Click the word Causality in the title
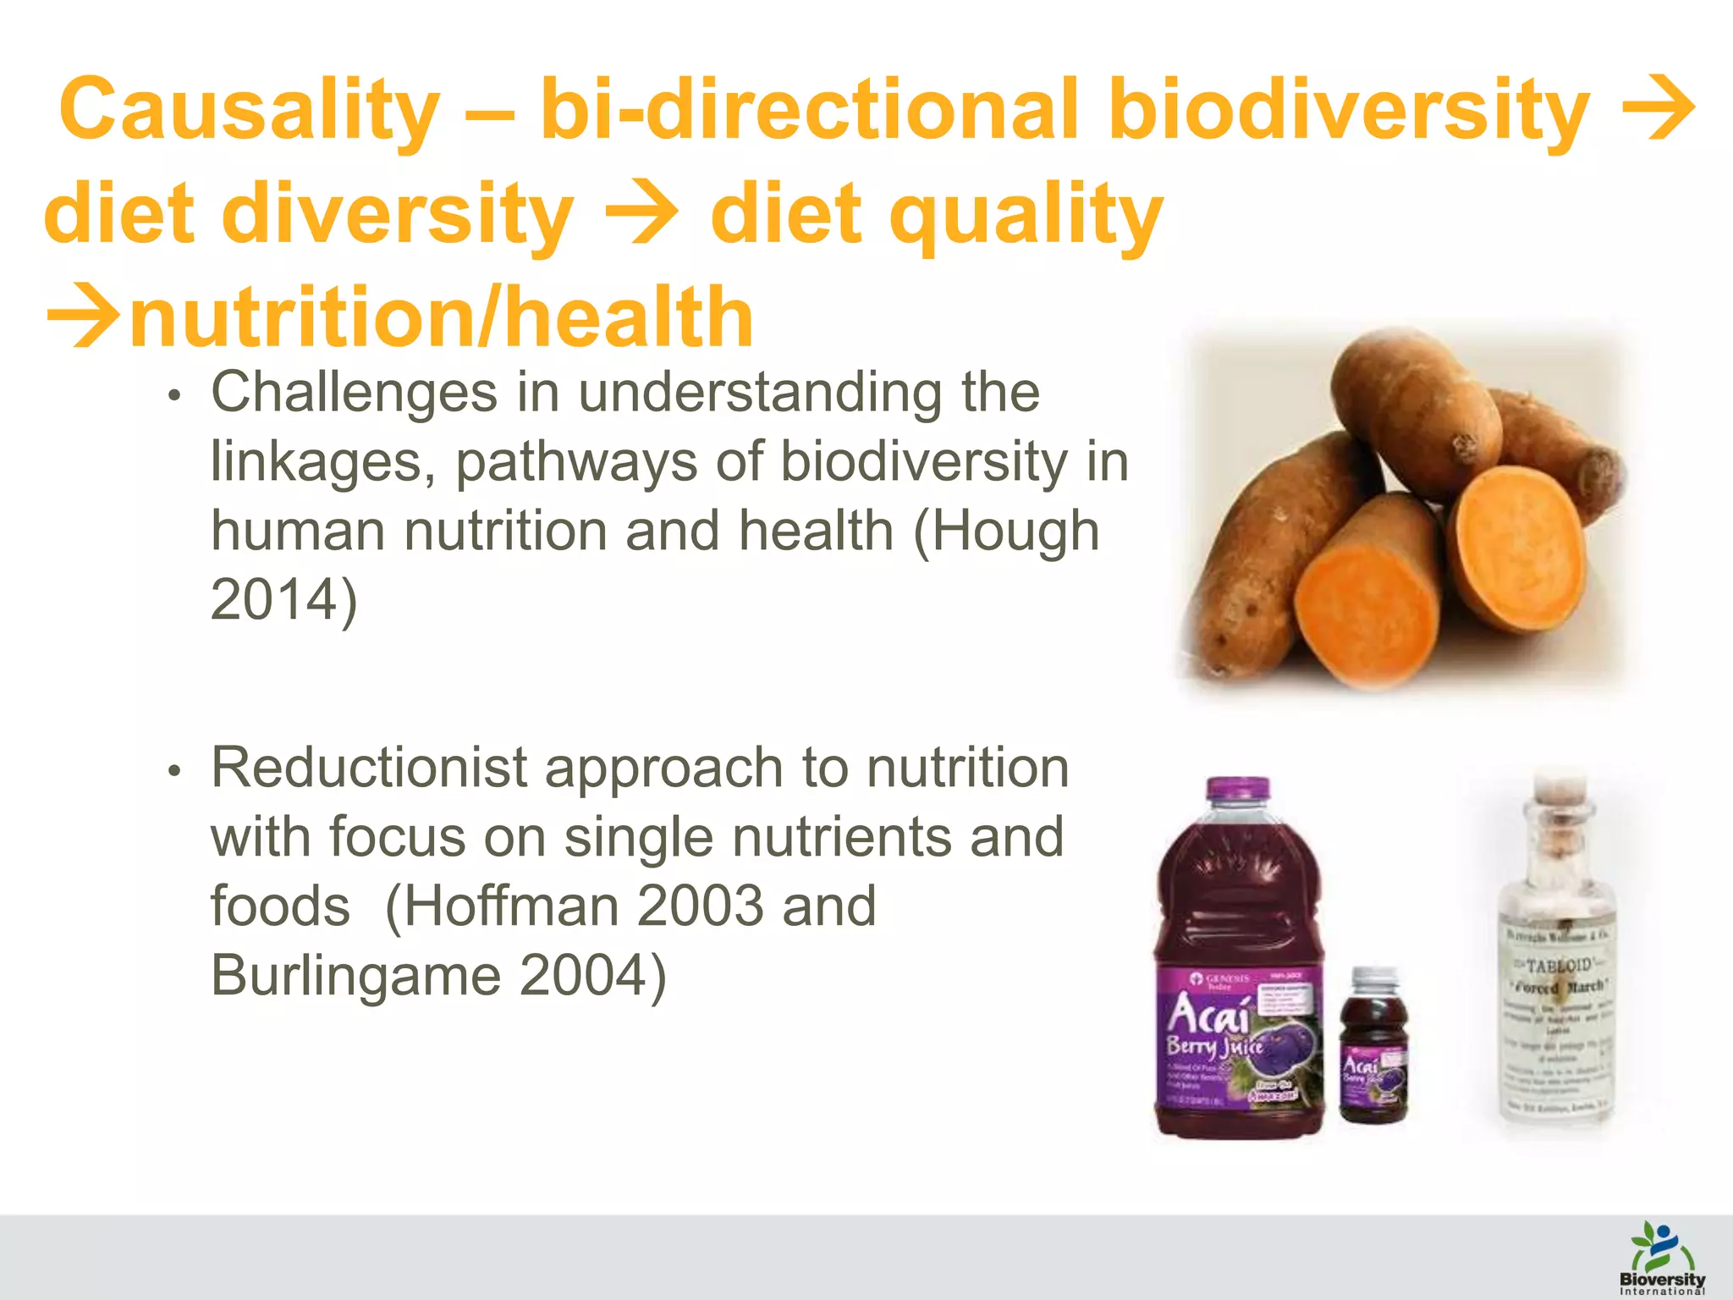[250, 110]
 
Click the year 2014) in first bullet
[284, 601]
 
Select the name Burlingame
[355, 976]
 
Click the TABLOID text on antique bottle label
[1559, 964]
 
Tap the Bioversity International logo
[1662, 1258]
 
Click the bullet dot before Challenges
[174, 397]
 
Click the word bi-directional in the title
[809, 110]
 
